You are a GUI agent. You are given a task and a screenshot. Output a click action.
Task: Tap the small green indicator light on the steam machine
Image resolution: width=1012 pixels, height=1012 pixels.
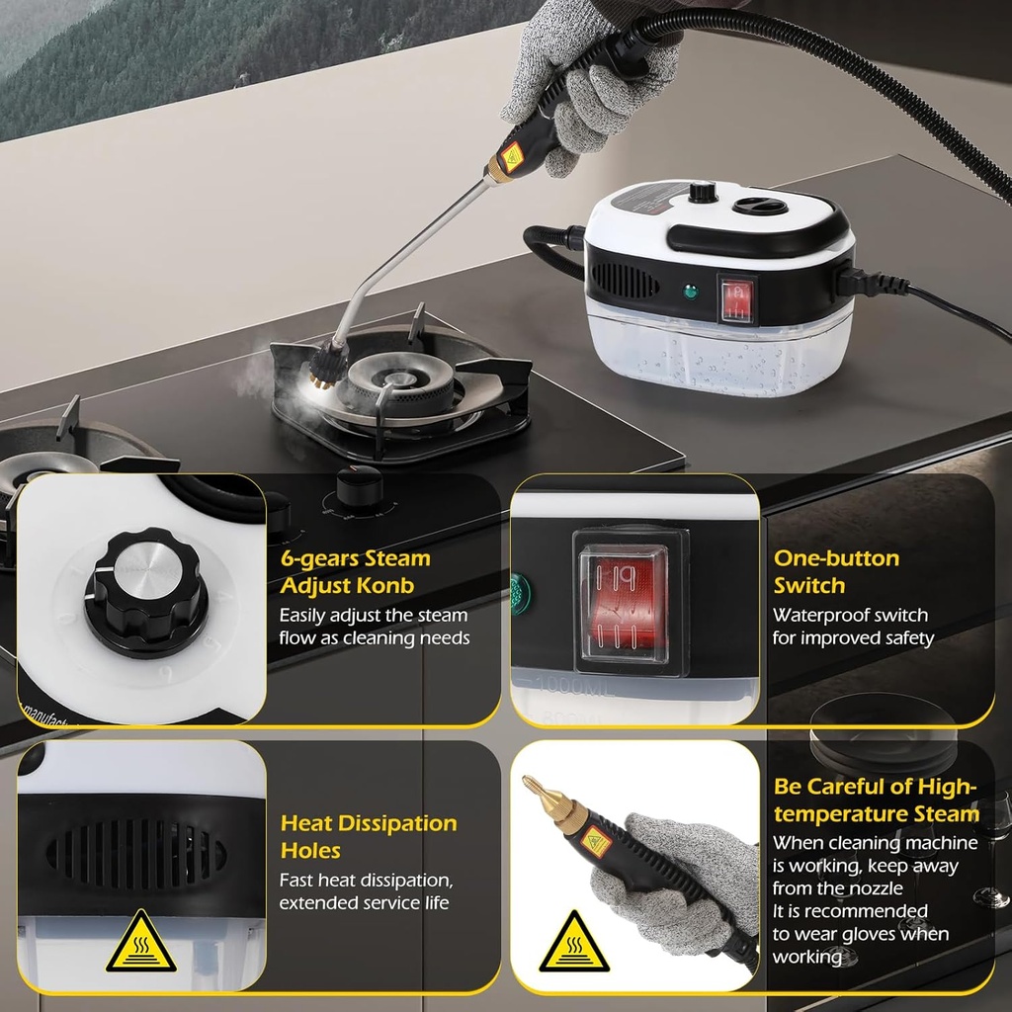click(x=688, y=293)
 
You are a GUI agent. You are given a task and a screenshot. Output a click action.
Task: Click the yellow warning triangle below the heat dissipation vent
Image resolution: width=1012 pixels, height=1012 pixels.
click(x=141, y=943)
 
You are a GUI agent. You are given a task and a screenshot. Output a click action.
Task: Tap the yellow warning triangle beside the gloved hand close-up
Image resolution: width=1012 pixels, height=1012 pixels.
click(x=573, y=943)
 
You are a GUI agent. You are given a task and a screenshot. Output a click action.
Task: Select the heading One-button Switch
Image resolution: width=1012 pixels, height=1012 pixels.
click(x=836, y=571)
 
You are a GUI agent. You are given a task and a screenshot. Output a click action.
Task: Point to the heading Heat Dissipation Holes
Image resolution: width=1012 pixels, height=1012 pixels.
click(x=368, y=836)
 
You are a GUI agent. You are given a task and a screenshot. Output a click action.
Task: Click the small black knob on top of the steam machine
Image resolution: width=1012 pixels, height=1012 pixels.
click(x=703, y=192)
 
